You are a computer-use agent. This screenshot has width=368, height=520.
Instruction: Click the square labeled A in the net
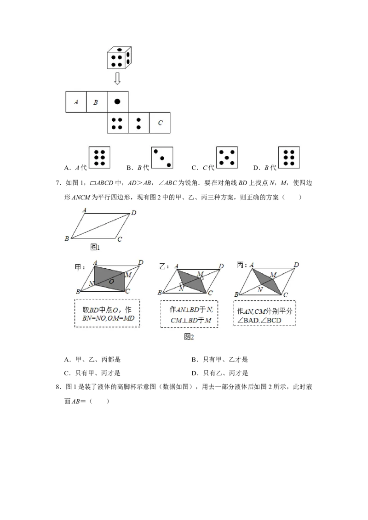76,102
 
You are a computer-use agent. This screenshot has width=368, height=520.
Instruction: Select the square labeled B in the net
96,102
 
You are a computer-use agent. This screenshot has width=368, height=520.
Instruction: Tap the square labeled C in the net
160,123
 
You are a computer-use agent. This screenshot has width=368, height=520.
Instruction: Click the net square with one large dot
117,102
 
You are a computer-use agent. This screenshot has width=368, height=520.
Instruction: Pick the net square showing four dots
117,123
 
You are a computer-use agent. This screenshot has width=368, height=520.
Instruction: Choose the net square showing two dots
138,123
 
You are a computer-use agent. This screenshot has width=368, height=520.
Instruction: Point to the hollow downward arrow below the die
117,79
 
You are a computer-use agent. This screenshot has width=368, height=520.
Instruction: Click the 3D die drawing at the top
119,58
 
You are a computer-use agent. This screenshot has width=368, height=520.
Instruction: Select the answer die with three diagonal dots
162,158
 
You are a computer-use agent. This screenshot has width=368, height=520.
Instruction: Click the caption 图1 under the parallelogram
95,247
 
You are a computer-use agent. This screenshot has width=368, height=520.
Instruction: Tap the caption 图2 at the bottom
189,336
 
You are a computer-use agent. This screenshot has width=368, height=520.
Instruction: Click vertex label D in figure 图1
134,213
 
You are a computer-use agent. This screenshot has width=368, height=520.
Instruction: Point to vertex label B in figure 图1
67,238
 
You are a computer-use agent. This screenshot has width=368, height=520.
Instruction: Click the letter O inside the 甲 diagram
111,282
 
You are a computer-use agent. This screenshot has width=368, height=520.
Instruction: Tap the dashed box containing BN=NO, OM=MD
107,314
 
